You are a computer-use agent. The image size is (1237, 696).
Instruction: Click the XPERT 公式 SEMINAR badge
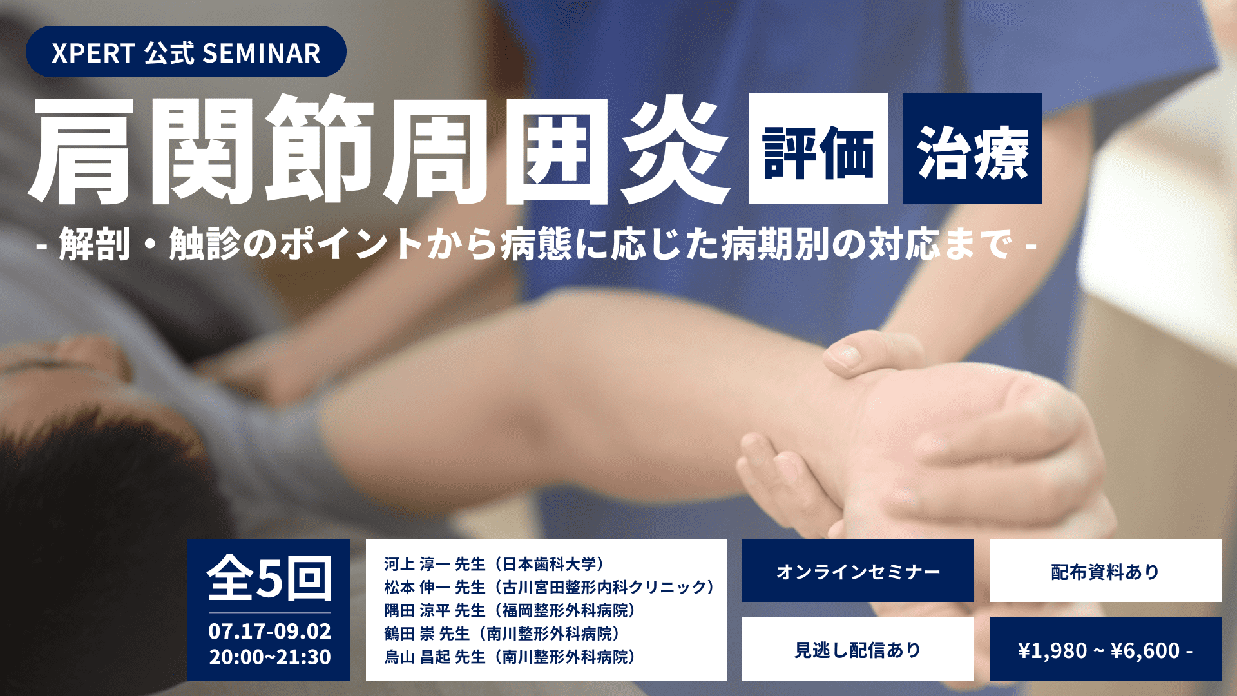(186, 52)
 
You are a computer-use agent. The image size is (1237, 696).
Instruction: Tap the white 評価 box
(818, 149)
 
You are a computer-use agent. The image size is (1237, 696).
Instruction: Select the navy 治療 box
(973, 149)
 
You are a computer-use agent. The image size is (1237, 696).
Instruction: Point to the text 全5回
(269, 578)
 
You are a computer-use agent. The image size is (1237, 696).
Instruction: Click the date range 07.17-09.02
(269, 631)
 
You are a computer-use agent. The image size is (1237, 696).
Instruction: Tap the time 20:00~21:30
(269, 657)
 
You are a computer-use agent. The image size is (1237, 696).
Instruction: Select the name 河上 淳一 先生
(434, 564)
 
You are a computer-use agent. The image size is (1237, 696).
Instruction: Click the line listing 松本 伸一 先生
(549, 587)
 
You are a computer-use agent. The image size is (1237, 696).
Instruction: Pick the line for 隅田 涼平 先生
(510, 610)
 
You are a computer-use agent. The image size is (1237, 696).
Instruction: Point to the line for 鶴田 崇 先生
(502, 633)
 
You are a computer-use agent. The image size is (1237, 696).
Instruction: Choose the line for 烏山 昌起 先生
(510, 657)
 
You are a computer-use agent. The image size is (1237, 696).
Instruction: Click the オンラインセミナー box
(858, 570)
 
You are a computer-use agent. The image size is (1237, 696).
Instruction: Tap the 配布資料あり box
(1106, 570)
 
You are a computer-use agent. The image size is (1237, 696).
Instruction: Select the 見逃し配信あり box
(858, 649)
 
